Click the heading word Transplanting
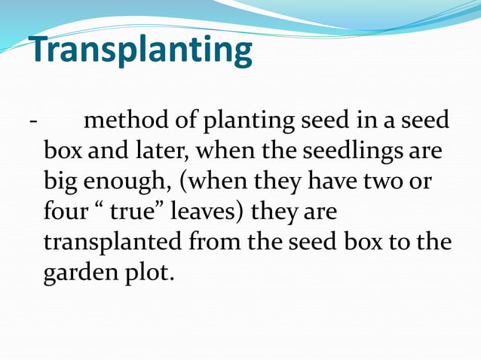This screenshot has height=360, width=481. coord(142,51)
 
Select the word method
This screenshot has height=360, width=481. coord(127,121)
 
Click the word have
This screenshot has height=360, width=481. coord(324,182)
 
